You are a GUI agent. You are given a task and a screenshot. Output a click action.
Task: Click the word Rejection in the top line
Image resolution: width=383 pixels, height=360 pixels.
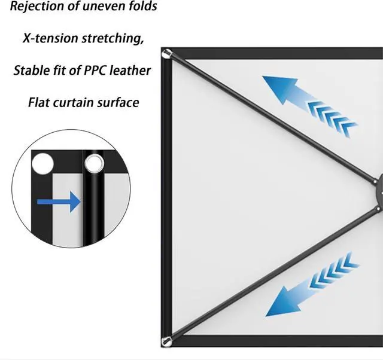click(x=35, y=7)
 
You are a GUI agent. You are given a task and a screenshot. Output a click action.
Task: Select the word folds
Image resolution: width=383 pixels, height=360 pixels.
click(x=141, y=7)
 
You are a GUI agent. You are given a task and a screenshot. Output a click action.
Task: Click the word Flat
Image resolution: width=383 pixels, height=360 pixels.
click(x=40, y=102)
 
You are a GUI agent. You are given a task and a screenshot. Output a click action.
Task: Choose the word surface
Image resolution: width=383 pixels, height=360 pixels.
click(x=119, y=102)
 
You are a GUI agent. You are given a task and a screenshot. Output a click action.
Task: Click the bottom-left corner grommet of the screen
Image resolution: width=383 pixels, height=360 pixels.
click(x=167, y=341)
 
